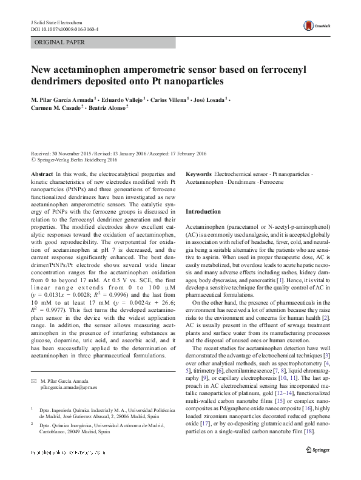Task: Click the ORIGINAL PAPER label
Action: (59, 42)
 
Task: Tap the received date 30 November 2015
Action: (75, 154)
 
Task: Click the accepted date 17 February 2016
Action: (184, 154)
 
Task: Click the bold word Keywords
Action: (199, 174)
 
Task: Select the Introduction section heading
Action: (203, 211)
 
